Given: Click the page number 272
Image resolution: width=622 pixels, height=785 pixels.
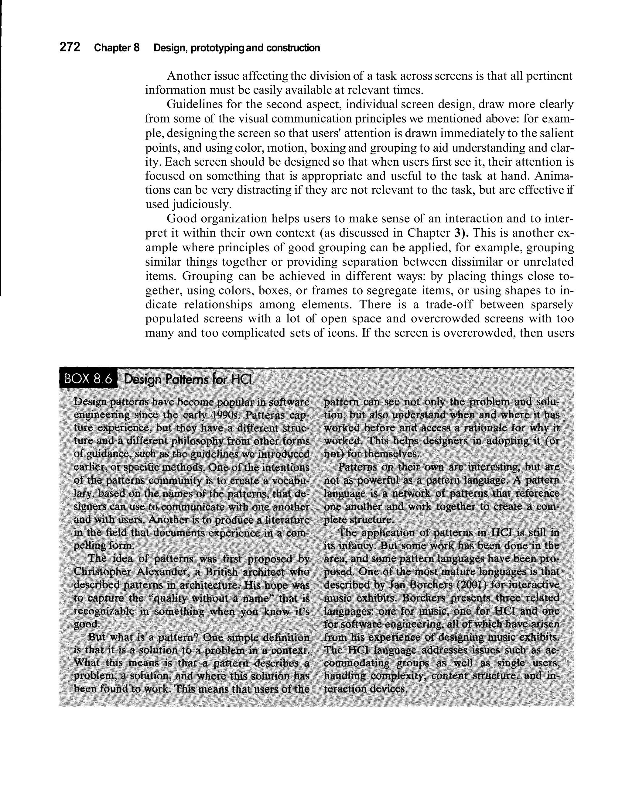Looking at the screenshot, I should [70, 47].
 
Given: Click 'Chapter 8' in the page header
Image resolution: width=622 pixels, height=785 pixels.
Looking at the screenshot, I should [116, 48].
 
